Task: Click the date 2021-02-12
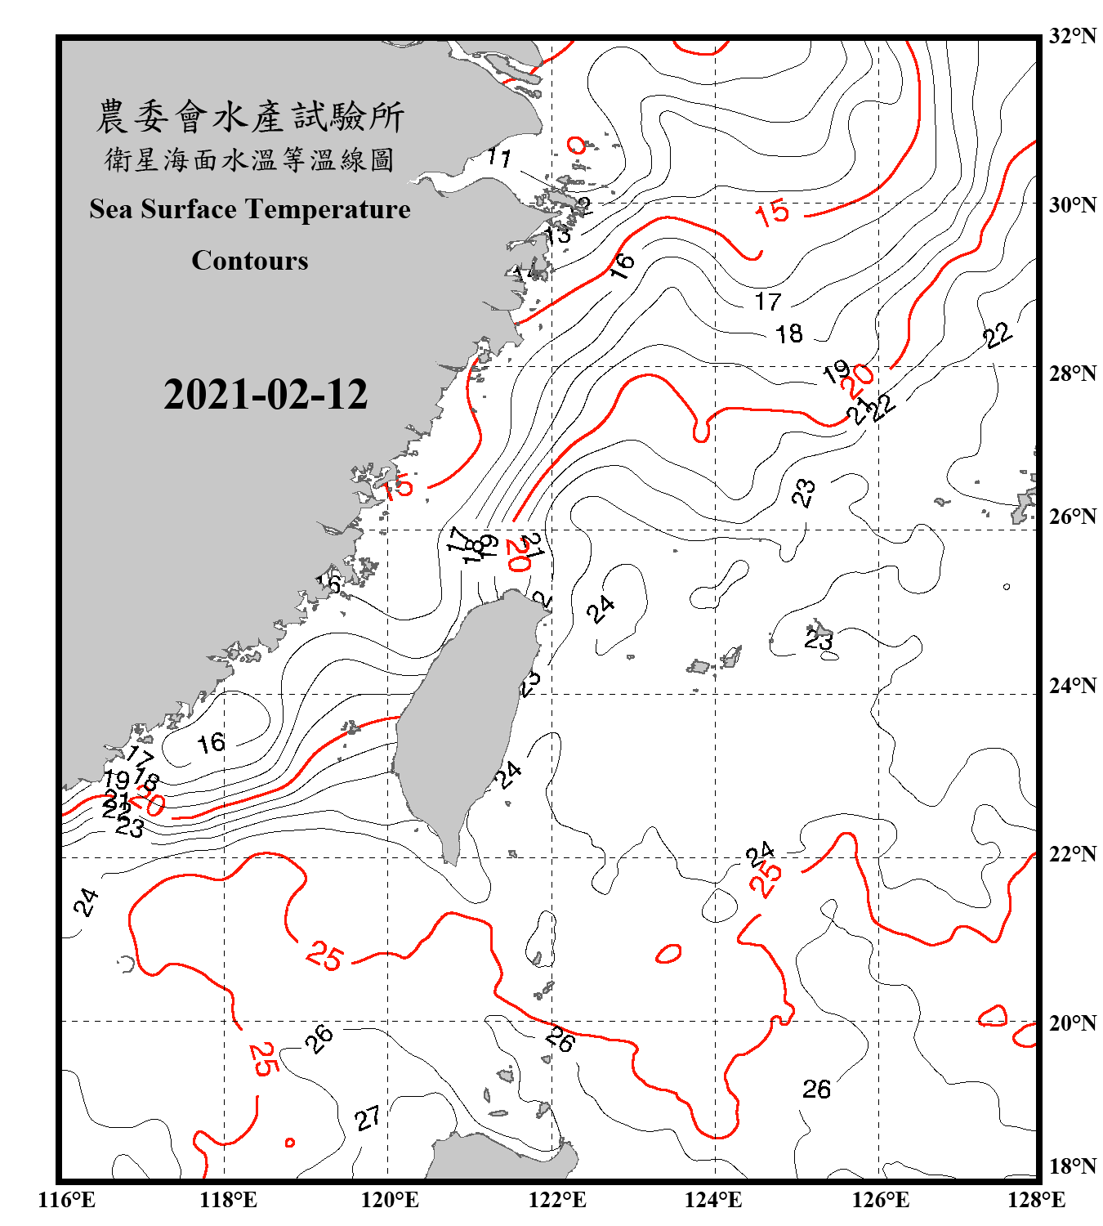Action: tap(266, 395)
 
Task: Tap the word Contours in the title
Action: tap(250, 261)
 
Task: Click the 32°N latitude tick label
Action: tap(1072, 36)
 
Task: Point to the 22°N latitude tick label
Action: tap(1072, 854)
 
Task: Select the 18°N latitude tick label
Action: tap(1072, 1166)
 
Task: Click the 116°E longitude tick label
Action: tap(67, 1200)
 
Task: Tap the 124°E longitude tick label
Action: tap(713, 1200)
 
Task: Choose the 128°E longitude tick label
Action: tap(1036, 1200)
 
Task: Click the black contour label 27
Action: tap(368, 1118)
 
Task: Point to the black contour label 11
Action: tap(499, 156)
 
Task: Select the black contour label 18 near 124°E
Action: tap(789, 333)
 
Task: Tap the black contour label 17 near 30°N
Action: tap(768, 302)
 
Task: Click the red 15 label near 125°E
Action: tap(772, 213)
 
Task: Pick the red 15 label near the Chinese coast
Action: tap(398, 488)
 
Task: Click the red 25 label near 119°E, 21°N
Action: tap(324, 955)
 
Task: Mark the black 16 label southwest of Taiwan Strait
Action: tap(211, 743)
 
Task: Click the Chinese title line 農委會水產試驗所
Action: tap(250, 117)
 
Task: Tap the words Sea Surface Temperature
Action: tap(250, 209)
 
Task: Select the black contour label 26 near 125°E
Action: tap(816, 1089)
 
